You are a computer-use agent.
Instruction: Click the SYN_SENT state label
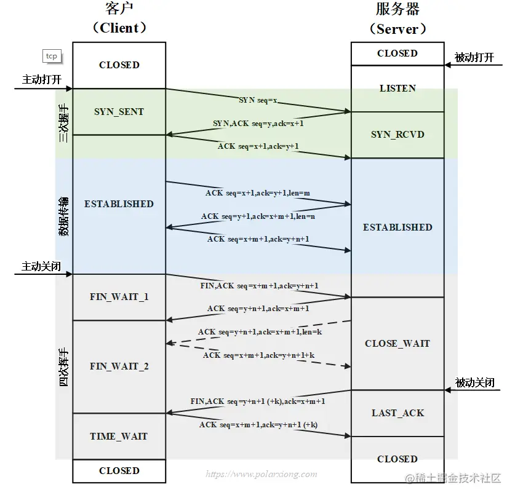point(119,112)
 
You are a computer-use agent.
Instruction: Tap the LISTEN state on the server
point(397,89)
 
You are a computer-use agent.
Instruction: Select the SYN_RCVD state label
point(397,135)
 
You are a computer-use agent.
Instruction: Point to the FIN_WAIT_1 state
point(119,297)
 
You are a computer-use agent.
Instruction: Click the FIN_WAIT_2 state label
point(119,366)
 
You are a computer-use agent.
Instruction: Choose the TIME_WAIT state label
point(119,437)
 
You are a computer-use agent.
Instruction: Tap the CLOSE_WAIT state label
point(397,344)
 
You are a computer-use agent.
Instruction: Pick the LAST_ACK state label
point(397,413)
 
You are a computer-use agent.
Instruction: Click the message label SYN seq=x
point(258,99)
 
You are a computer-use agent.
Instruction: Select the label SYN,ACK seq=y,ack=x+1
point(258,124)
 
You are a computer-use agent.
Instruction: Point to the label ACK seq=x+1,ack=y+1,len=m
point(258,193)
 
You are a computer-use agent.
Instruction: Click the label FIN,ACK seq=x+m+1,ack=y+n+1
point(259,286)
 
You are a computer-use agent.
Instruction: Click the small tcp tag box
point(52,56)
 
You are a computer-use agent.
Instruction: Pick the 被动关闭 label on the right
point(474,382)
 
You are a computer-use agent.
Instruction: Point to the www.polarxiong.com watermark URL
point(261,475)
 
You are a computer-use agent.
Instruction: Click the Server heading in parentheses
point(397,29)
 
